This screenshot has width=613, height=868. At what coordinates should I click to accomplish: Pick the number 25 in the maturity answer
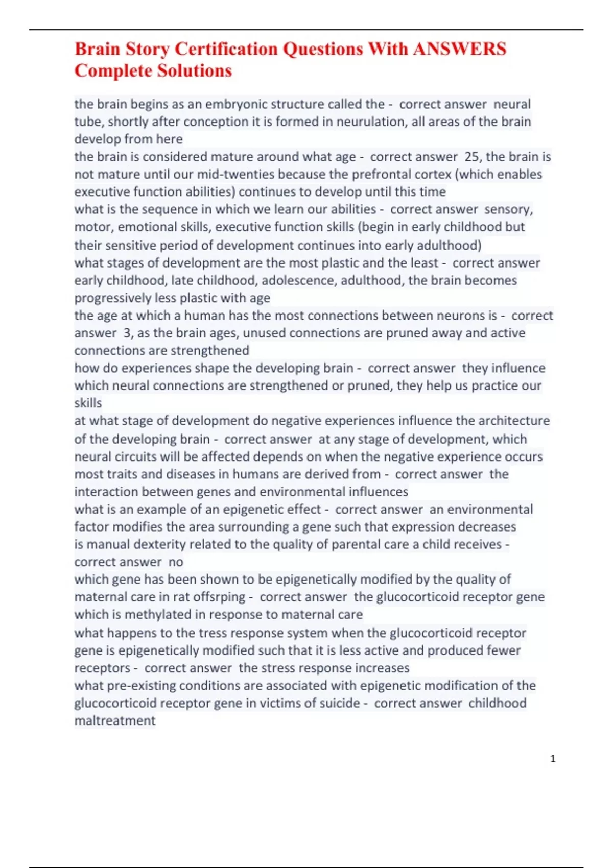pos(471,157)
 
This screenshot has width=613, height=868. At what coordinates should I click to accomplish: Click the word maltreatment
pos(115,720)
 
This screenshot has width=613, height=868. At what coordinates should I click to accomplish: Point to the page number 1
pos(553,759)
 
